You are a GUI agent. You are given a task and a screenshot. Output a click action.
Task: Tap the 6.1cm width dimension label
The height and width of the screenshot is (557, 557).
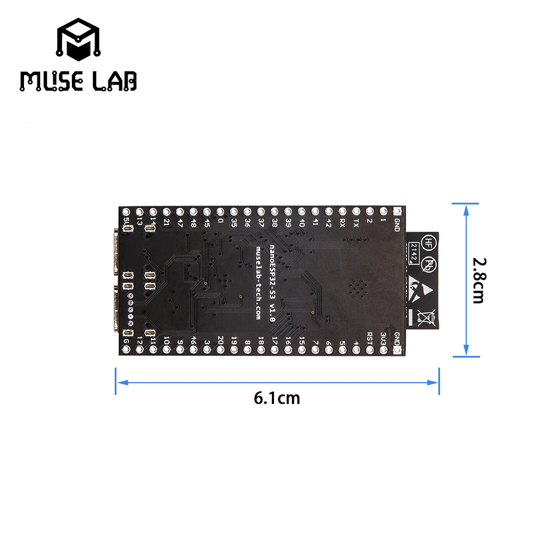[x=277, y=398]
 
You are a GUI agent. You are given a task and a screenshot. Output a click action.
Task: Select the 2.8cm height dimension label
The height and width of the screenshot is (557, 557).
[x=478, y=280]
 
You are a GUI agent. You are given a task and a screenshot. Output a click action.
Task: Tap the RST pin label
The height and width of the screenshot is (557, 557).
[x=370, y=338]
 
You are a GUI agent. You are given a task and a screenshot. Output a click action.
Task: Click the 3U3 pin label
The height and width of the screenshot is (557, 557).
[x=384, y=338]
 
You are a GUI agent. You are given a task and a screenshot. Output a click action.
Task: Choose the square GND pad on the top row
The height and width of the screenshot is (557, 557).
[x=397, y=212]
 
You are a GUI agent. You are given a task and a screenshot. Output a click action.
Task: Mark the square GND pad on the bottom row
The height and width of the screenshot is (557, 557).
[x=397, y=350]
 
